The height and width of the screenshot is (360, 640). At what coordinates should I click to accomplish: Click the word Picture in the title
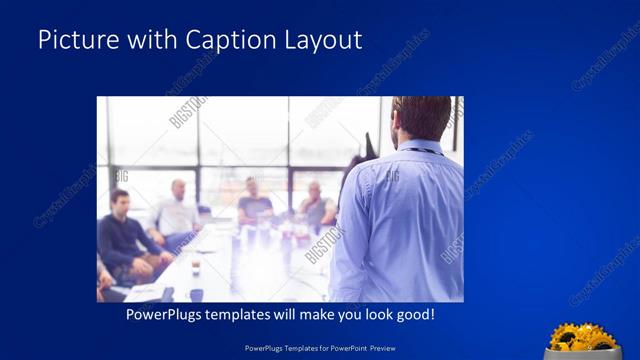[76, 40]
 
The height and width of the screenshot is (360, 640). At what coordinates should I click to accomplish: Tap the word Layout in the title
[324, 40]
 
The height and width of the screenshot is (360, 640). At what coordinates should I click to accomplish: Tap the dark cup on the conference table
[196, 267]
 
